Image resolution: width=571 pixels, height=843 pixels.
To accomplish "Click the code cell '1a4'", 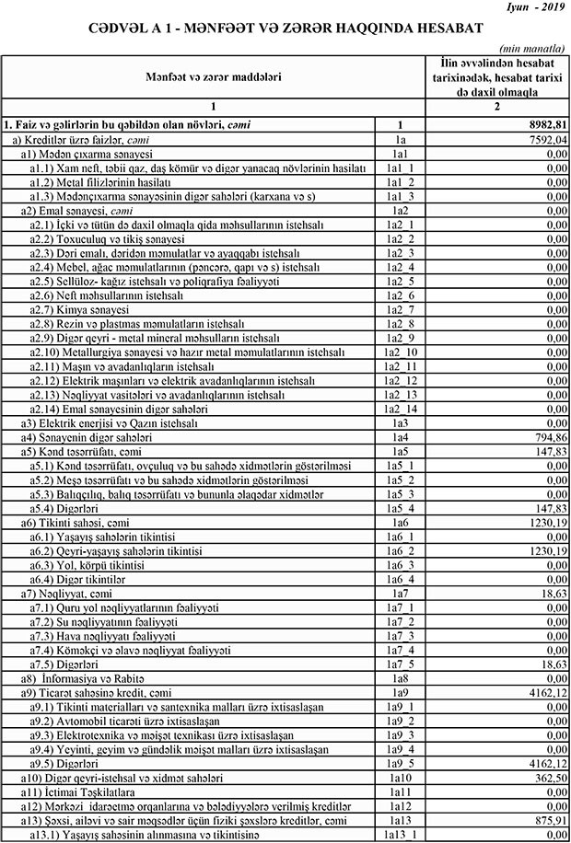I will (x=400, y=438).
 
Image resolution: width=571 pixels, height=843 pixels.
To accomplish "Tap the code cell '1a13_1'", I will (x=400, y=834).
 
